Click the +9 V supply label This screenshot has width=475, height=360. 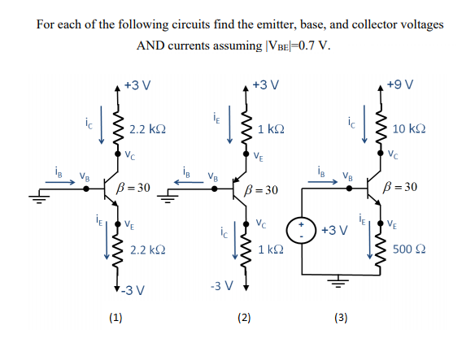pyautogui.click(x=401, y=85)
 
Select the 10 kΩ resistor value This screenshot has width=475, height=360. pyautogui.click(x=410, y=130)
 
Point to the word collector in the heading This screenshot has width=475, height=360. pyautogui.click(x=361, y=24)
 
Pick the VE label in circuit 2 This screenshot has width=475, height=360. pyautogui.click(x=258, y=157)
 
